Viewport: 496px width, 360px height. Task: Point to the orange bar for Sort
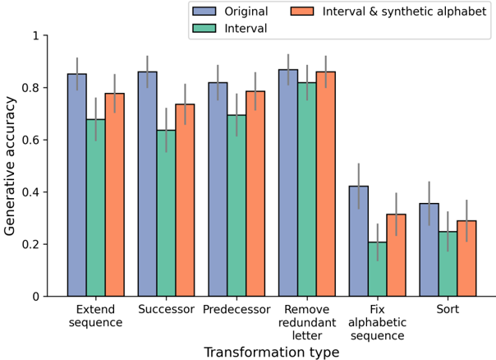coord(466,258)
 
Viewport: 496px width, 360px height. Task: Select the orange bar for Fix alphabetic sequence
coord(396,255)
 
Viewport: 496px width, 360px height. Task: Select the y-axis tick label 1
coord(34,36)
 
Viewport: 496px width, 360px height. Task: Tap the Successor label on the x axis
coord(166,310)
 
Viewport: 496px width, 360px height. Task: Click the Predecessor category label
coord(237,310)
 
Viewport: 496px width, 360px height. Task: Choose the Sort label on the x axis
coord(448,310)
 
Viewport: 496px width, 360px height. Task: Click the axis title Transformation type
coord(271,352)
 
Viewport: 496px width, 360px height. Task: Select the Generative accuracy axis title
coord(11,165)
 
